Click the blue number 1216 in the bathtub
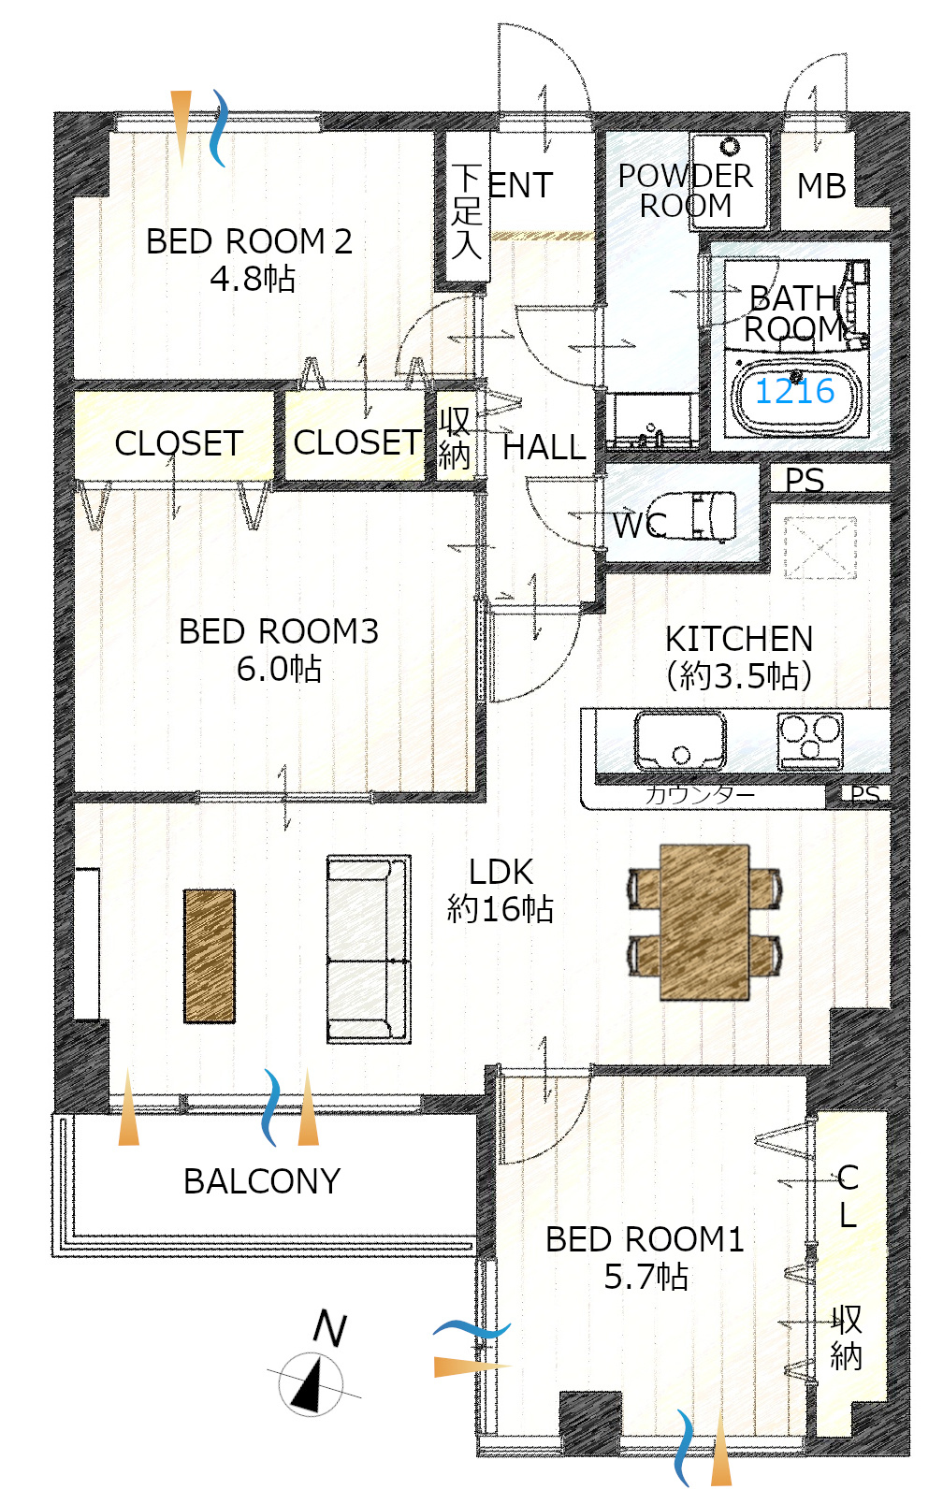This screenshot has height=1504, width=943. coord(794,391)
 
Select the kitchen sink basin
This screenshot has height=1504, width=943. coord(680,740)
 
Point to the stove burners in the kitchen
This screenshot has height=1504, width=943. coord(809,741)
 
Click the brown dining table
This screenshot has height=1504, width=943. coord(704,922)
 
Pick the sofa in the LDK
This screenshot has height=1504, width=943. coord(369,948)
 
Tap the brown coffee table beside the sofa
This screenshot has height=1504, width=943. coord(210,956)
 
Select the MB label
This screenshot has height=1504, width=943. coord(821,186)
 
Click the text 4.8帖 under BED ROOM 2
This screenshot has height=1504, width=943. coord(253,278)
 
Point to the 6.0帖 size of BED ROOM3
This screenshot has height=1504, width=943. coord(279,668)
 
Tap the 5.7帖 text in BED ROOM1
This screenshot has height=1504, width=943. coord(646,1276)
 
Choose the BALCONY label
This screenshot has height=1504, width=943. coord(262,1181)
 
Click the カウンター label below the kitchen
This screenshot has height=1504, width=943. coord(699,795)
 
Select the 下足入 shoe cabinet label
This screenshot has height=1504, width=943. coord(466,211)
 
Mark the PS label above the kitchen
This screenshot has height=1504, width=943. coord(805,480)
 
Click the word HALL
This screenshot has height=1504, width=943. coord(544,447)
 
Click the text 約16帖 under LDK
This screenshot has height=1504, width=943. coord(501,908)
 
